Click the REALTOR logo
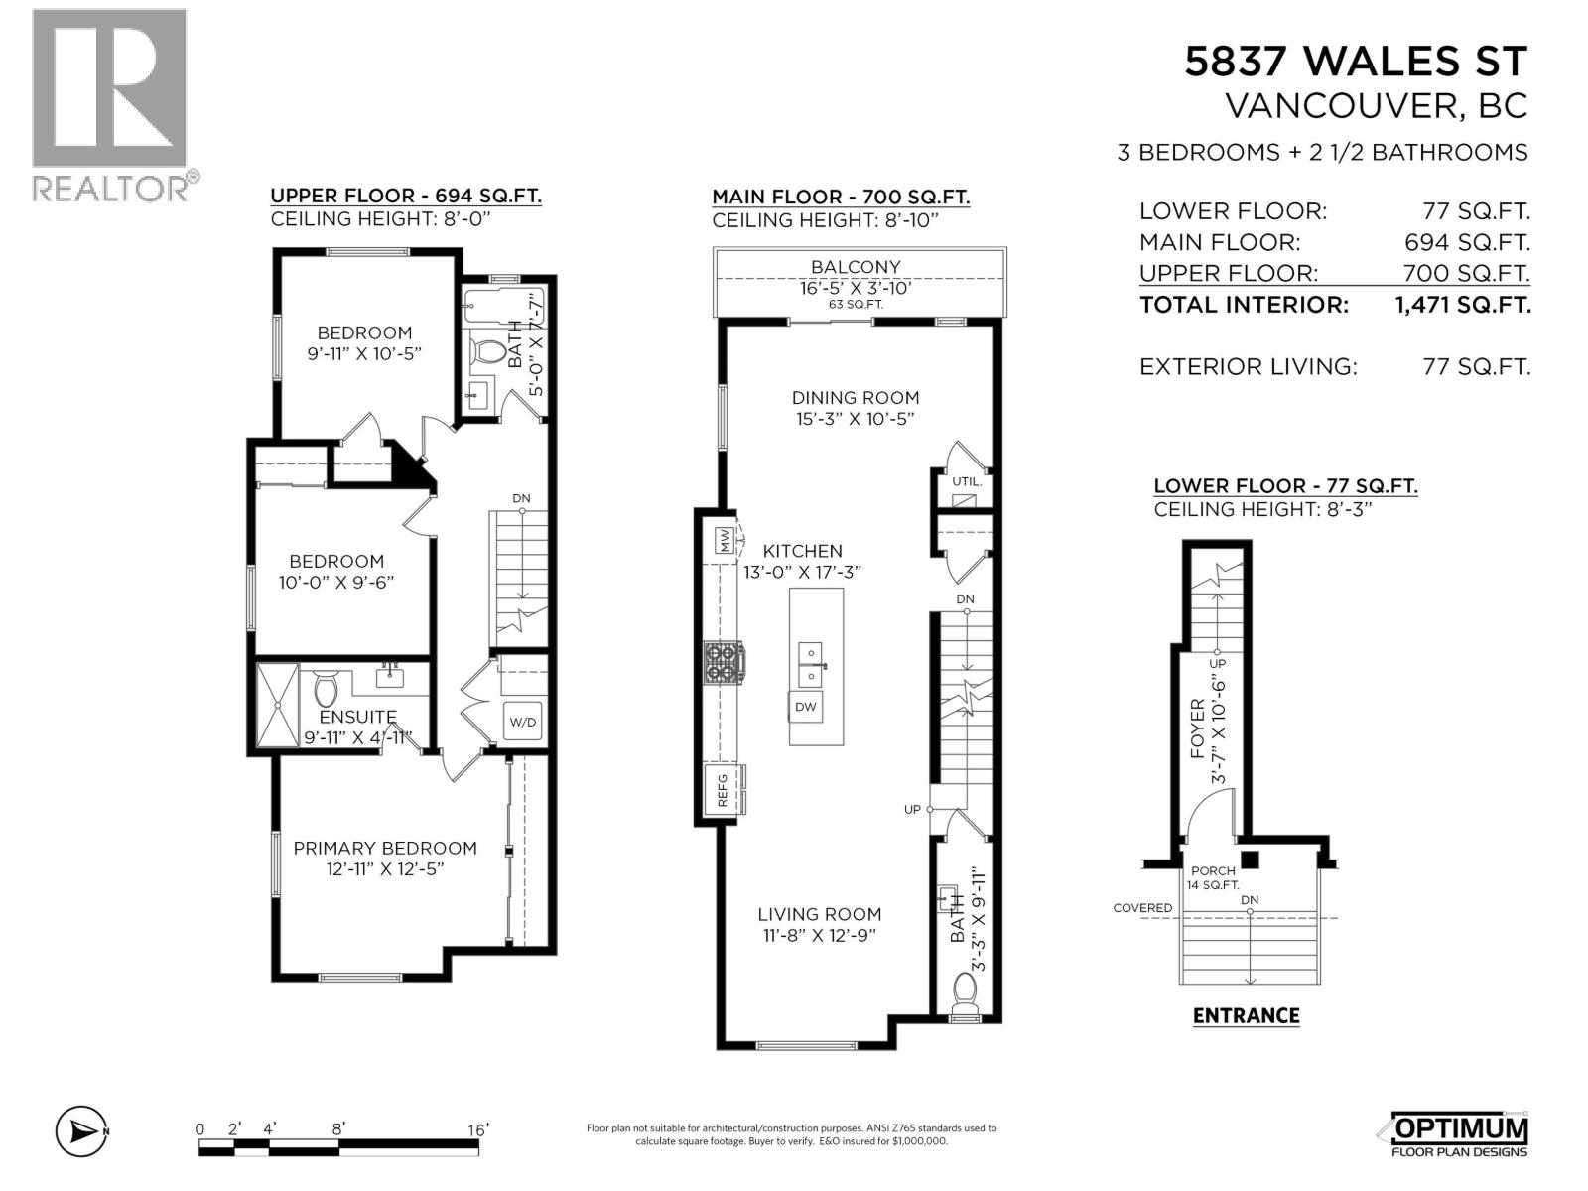[110, 104]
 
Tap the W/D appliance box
[522, 722]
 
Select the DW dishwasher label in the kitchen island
[806, 707]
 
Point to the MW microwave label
[725, 541]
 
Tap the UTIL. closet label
[966, 481]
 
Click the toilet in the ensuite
[326, 687]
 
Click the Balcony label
[856, 267]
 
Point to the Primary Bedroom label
[385, 848]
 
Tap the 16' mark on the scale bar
[478, 1129]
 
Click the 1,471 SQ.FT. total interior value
[1462, 305]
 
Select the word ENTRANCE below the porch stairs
[1246, 1015]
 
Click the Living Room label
[819, 914]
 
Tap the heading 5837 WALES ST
[1356, 62]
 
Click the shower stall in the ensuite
[277, 705]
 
